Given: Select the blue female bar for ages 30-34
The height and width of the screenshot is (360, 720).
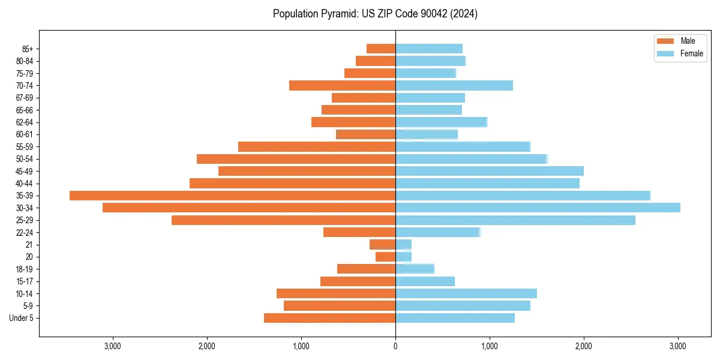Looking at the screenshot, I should (x=538, y=208).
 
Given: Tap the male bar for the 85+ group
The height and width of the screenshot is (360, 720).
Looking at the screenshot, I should (x=381, y=49).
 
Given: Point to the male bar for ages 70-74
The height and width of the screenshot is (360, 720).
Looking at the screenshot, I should (x=342, y=85).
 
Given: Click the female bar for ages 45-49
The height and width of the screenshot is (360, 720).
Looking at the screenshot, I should (x=490, y=171).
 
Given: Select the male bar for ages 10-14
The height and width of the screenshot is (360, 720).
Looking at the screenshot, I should (x=336, y=293).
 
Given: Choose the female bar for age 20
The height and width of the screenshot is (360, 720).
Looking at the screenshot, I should (x=403, y=257).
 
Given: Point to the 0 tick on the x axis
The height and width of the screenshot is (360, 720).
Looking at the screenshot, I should (x=395, y=346).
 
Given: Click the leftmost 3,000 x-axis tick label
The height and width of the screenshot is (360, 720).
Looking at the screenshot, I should (x=113, y=346).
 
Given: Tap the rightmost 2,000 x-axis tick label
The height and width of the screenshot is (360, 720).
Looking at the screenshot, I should (x=584, y=346).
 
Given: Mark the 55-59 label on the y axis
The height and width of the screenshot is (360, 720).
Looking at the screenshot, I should (x=23, y=146).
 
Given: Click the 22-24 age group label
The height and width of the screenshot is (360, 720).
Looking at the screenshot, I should (x=23, y=232).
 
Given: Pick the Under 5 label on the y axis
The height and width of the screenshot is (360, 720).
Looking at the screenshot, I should (x=21, y=318).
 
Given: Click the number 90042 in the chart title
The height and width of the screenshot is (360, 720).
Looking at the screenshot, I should (x=439, y=14).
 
